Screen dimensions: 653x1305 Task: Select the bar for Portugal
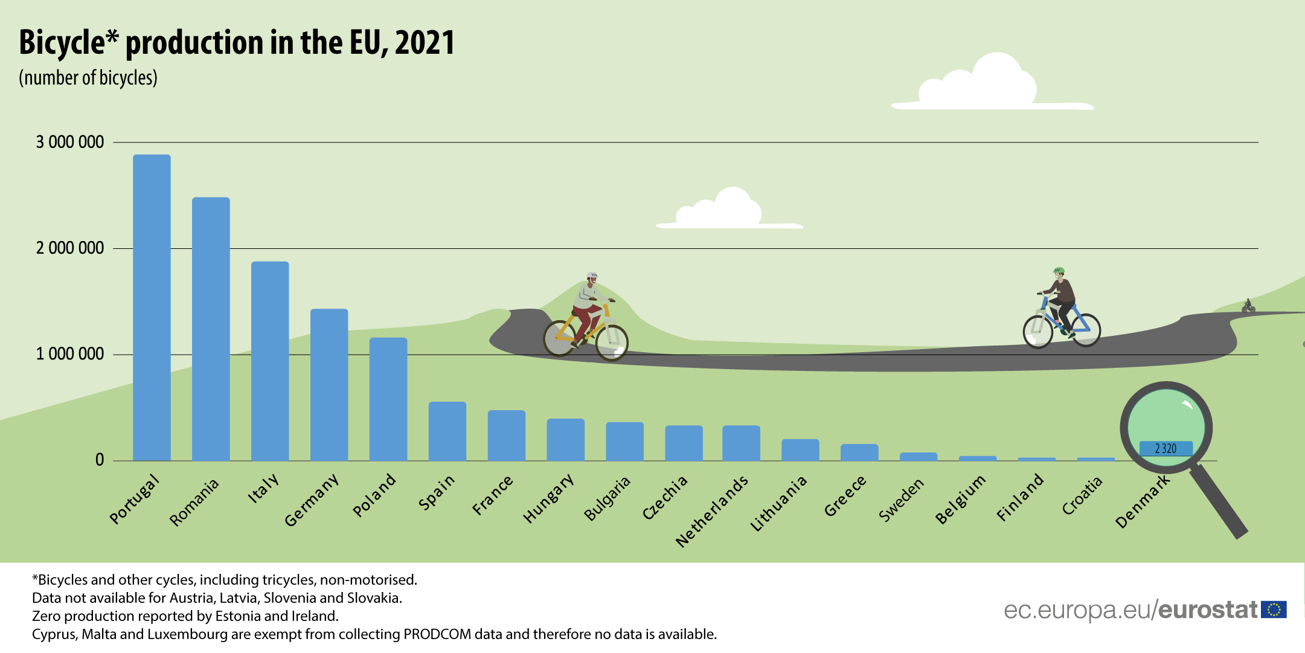(152, 307)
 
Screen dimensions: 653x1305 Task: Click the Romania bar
(211, 329)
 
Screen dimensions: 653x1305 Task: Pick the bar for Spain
(447, 431)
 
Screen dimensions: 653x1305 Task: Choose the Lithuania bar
(800, 450)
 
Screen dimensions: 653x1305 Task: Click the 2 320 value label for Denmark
(1166, 449)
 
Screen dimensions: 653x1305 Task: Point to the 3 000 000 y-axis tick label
(70, 142)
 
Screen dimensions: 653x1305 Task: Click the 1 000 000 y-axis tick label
(70, 354)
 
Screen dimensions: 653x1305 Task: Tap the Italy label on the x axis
(264, 489)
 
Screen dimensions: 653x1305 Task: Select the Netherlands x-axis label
(713, 511)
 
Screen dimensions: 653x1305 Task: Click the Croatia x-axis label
(1082, 496)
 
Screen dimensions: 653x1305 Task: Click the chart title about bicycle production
(237, 42)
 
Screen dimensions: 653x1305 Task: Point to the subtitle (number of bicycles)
(88, 78)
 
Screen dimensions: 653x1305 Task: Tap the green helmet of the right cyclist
(1059, 271)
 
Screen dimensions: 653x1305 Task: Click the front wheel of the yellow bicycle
(612, 343)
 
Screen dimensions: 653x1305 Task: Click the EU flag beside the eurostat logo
(1274, 610)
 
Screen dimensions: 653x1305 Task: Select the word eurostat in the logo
(1207, 610)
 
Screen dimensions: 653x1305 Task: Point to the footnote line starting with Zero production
(185, 616)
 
